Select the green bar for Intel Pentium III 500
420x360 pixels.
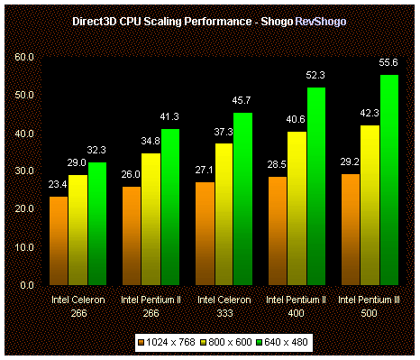pos(388,180)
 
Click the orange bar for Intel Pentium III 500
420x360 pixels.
pos(351,229)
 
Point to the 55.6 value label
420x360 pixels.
pos(388,65)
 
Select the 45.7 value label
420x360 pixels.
pos(243,103)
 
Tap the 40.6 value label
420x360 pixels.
pos(297,122)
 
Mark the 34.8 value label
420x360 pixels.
pos(151,143)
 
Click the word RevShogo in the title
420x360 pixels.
pos(321,19)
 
